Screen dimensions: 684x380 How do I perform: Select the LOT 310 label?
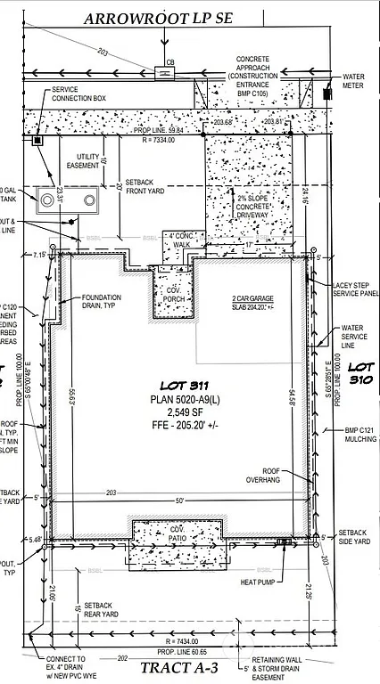[x=361, y=372]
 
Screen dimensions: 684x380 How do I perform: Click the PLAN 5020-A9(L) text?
[x=179, y=401]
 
